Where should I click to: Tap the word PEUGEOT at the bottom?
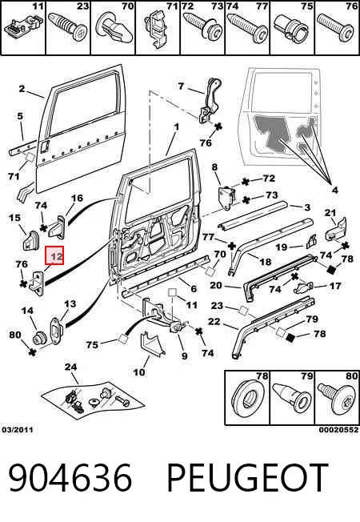(x=247, y=477)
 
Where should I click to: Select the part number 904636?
(x=70, y=477)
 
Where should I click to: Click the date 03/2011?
(x=18, y=430)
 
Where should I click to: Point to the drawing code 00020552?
(x=339, y=430)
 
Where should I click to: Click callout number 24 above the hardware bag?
(x=70, y=367)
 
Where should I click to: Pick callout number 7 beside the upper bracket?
(x=181, y=86)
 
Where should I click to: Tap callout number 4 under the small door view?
(x=334, y=190)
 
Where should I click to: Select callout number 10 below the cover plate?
(x=139, y=371)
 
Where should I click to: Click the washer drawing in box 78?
(x=247, y=399)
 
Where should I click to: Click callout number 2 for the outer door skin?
(x=22, y=89)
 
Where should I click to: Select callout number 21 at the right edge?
(x=330, y=212)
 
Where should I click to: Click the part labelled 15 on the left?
(x=30, y=239)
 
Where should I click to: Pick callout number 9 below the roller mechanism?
(x=184, y=356)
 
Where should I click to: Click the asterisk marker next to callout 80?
(x=32, y=352)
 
